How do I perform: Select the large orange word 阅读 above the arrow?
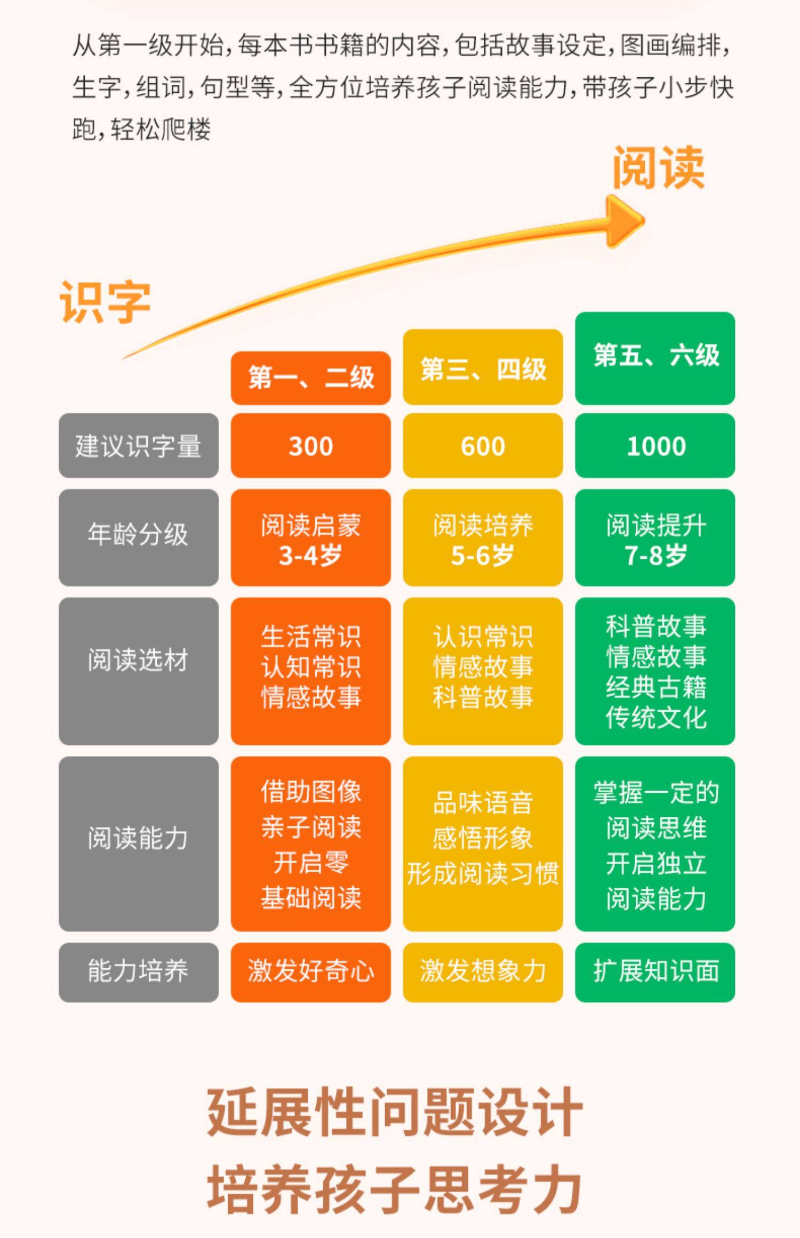(x=658, y=167)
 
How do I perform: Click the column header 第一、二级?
(x=310, y=377)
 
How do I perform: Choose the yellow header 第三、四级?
(x=483, y=368)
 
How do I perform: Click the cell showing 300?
(x=310, y=446)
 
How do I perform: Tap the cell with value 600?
(x=483, y=446)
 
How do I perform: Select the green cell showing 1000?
(x=655, y=446)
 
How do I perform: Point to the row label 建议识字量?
(x=138, y=446)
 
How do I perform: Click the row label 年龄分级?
(x=138, y=534)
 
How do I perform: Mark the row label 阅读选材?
(x=138, y=660)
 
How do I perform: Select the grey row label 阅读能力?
(x=138, y=838)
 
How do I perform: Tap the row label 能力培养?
(x=138, y=971)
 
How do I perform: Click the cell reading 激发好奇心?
(x=310, y=971)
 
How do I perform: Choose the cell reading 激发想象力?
(x=483, y=971)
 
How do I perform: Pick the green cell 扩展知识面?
(x=655, y=971)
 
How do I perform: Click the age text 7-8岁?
(x=655, y=556)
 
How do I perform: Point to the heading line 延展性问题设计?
(x=394, y=1112)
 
